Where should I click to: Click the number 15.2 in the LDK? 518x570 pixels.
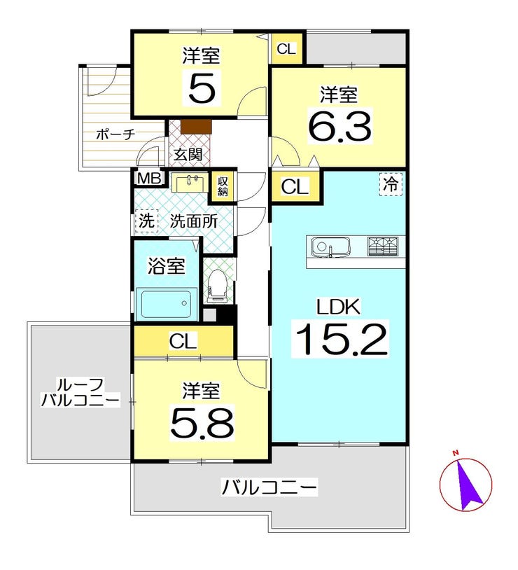click(x=341, y=339)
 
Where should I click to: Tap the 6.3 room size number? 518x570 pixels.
click(x=339, y=126)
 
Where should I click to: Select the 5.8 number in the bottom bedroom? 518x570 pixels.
click(x=202, y=422)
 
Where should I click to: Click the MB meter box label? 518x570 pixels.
click(x=149, y=179)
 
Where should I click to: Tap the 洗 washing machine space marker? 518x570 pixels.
click(x=147, y=221)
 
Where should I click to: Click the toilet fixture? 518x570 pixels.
click(x=218, y=286)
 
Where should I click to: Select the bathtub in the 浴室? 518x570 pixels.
click(x=167, y=303)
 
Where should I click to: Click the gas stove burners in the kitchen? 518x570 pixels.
click(x=383, y=246)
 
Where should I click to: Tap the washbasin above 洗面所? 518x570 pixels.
click(x=190, y=183)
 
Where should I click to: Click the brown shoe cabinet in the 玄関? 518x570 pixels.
click(x=196, y=127)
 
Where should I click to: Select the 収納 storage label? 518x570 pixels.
click(x=222, y=186)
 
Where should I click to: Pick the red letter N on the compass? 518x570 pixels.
click(x=455, y=452)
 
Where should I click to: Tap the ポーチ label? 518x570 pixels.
click(x=115, y=134)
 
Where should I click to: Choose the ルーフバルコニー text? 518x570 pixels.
click(x=80, y=393)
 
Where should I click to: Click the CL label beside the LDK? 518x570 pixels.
click(x=295, y=187)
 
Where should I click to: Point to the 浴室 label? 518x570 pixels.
click(x=166, y=267)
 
